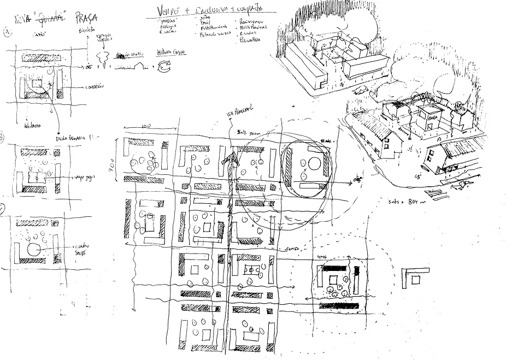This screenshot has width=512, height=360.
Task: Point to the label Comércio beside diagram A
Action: tap(96, 87)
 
